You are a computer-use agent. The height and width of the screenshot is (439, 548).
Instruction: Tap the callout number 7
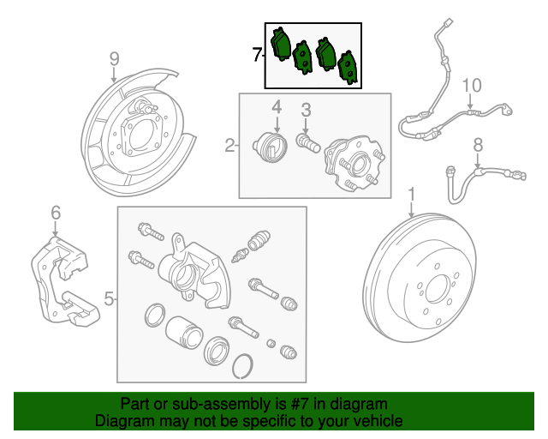pos(257,55)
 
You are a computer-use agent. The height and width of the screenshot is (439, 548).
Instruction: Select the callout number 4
pos(277,107)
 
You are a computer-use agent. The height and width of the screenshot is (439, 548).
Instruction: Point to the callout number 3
pos(306,110)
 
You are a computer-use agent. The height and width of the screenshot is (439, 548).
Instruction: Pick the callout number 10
pos(472,85)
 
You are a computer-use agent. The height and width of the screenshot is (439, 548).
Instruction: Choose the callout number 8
pos(478,144)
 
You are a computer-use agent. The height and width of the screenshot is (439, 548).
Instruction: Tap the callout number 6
pos(56,212)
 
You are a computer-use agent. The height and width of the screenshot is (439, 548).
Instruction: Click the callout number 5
pos(109,299)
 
